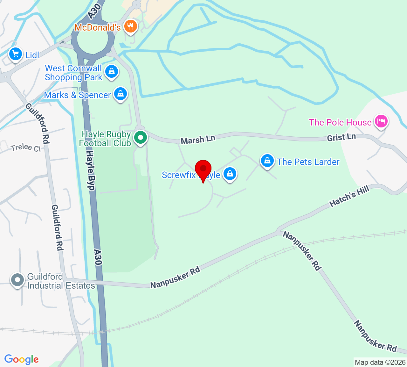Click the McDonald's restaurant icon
click(x=130, y=26)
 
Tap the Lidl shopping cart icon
click(x=16, y=54)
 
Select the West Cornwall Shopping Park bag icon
click(x=112, y=72)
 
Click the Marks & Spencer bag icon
click(x=121, y=94)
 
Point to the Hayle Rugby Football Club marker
click(x=140, y=138)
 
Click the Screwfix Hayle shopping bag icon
click(x=230, y=174)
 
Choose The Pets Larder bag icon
click(x=267, y=161)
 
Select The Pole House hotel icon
click(x=381, y=121)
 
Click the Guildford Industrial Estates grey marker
click(x=17, y=280)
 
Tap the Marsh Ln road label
click(x=198, y=139)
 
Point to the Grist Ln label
click(x=341, y=137)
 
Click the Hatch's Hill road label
click(x=349, y=196)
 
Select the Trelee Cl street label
click(x=26, y=148)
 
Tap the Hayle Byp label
click(x=91, y=170)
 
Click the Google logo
click(x=22, y=359)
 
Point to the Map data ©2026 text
click(x=380, y=362)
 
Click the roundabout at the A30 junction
click(x=93, y=40)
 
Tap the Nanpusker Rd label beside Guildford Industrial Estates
click(x=175, y=277)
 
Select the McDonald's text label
click(x=98, y=27)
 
